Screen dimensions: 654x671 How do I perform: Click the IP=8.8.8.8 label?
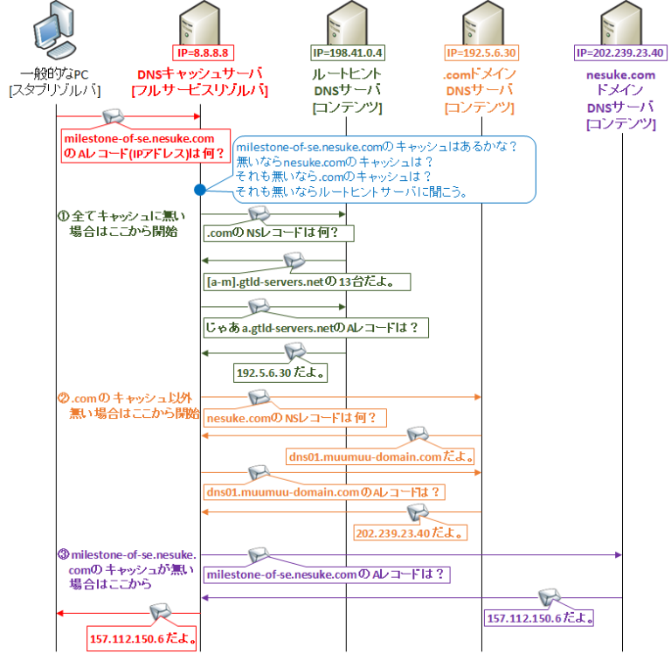[x=201, y=52]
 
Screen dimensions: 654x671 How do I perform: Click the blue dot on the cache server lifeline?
[x=200, y=189]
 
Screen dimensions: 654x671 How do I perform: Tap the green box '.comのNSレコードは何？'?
[x=279, y=233]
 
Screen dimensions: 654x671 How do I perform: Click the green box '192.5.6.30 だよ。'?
[x=277, y=372]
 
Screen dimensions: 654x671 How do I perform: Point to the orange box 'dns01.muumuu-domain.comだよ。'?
[x=382, y=456]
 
